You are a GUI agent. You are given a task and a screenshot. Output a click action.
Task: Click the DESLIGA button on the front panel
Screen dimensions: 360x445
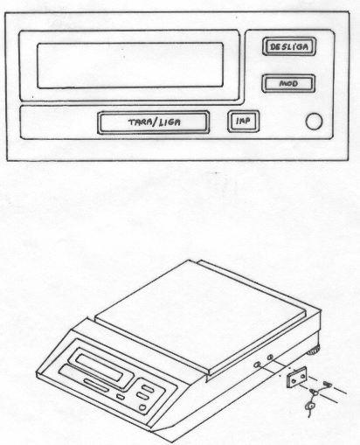tap(289, 46)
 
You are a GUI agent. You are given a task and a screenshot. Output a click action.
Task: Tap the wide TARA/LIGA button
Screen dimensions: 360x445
tap(154, 122)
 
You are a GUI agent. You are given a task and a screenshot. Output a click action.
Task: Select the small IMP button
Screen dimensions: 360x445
tap(243, 121)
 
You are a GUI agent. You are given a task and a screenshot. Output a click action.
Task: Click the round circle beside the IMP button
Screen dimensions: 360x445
tap(314, 122)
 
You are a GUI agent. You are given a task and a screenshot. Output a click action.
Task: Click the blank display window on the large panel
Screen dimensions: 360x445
tap(130, 66)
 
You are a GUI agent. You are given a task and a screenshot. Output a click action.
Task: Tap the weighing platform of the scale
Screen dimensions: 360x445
tap(201, 315)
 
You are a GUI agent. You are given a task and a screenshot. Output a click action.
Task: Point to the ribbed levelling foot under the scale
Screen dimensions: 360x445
tap(314, 351)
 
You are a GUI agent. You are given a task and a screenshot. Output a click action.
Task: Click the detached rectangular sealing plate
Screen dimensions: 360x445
tap(297, 377)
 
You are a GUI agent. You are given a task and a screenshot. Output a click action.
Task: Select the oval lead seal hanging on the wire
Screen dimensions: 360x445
tap(310, 406)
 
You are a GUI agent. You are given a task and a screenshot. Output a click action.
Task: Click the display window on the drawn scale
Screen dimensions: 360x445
tap(99, 367)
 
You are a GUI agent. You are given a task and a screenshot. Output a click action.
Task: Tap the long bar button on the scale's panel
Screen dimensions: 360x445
tap(96, 386)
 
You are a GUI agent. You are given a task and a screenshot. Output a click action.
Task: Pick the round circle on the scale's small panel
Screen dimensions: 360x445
tap(142, 407)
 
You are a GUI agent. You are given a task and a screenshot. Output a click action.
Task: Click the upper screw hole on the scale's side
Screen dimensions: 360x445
tap(270, 357)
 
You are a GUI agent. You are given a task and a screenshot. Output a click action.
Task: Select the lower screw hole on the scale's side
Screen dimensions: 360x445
tap(257, 365)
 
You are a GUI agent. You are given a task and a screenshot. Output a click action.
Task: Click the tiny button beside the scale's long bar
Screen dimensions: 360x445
tap(120, 397)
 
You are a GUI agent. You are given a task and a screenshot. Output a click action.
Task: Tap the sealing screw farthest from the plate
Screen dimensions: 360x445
tap(328, 384)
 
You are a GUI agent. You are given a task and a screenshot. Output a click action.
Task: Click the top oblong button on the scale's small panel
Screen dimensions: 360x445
tap(148, 388)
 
